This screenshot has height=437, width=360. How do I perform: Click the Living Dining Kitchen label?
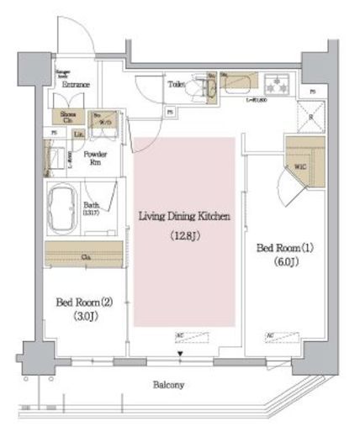click(x=184, y=217)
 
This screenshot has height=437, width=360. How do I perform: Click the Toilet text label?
click(x=176, y=85)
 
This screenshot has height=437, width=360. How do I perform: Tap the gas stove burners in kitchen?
click(x=276, y=84)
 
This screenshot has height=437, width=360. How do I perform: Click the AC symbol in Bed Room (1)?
click(x=272, y=335)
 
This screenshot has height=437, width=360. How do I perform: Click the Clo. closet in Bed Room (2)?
click(x=87, y=255)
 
